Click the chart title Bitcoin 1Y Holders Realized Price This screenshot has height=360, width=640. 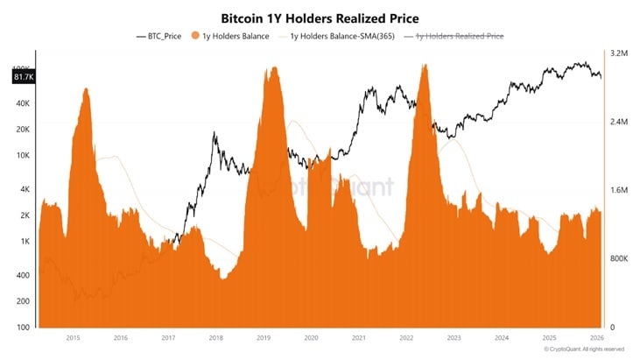(320, 18)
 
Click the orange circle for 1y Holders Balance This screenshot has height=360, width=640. (195, 36)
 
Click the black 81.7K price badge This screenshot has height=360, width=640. (22, 78)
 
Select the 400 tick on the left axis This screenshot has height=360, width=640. (23, 275)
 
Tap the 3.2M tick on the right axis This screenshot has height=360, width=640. (618, 54)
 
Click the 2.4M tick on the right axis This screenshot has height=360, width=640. (618, 123)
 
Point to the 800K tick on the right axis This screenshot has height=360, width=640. (618, 259)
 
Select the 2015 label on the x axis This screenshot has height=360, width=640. (73, 337)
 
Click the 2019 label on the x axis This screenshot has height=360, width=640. (264, 337)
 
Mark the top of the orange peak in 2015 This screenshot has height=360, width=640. (85, 88)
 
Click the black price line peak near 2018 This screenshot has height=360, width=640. (214, 133)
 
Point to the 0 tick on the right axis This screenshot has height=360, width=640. (612, 328)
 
